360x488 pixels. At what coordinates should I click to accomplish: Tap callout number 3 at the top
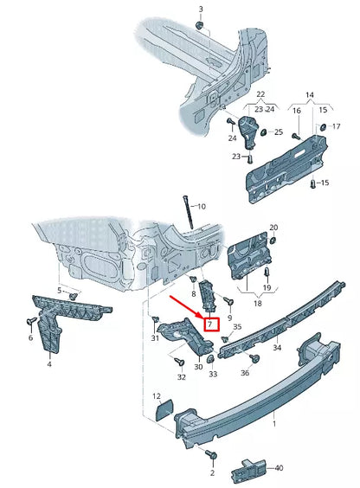[x=201, y=10]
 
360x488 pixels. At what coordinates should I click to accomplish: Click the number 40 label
[x=278, y=468]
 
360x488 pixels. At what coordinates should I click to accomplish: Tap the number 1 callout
[x=275, y=425]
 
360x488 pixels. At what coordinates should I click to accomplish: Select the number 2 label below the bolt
[x=210, y=473]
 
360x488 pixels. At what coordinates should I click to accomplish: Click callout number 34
[x=277, y=348]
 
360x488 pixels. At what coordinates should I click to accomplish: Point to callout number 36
[x=245, y=373]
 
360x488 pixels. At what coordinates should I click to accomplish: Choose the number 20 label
[x=273, y=228]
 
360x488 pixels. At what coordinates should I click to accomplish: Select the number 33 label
[x=213, y=374]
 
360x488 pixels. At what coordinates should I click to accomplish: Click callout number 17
[x=337, y=126]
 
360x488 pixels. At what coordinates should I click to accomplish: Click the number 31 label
[x=156, y=337]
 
